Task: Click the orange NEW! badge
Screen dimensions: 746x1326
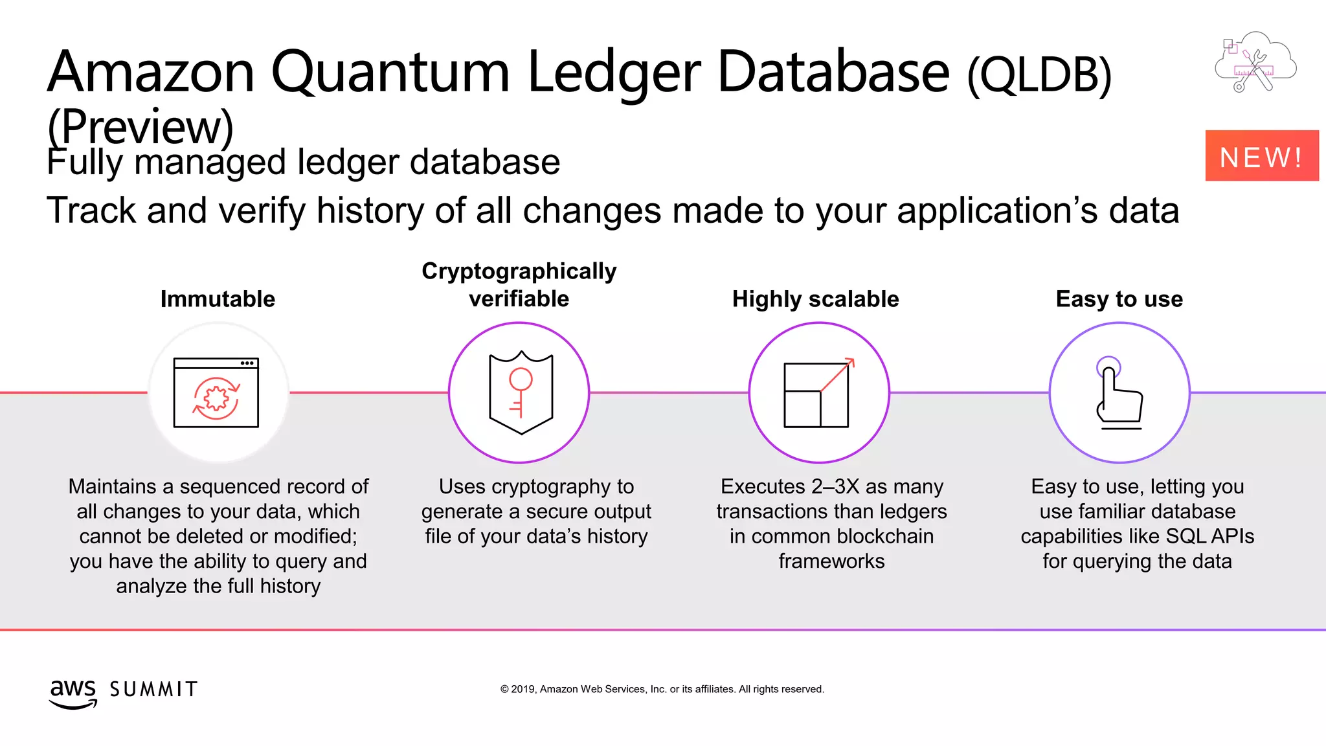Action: click(1261, 156)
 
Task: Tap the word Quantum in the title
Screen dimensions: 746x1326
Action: click(390, 72)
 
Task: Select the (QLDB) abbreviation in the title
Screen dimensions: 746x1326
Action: click(1039, 75)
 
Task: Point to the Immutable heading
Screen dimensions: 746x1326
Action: click(218, 299)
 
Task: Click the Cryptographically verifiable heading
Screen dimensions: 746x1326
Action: click(519, 285)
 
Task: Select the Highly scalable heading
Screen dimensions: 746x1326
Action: click(815, 299)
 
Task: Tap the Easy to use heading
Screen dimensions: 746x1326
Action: click(1119, 299)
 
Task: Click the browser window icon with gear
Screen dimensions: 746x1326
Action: click(216, 392)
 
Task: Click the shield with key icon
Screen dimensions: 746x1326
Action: click(521, 392)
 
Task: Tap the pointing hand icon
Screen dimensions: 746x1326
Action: click(1119, 392)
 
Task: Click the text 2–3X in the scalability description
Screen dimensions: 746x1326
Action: click(836, 486)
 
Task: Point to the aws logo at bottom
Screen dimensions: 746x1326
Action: click(73, 693)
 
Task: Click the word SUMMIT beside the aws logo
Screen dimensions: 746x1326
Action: click(153, 690)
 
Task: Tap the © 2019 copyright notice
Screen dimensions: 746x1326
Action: click(662, 689)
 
